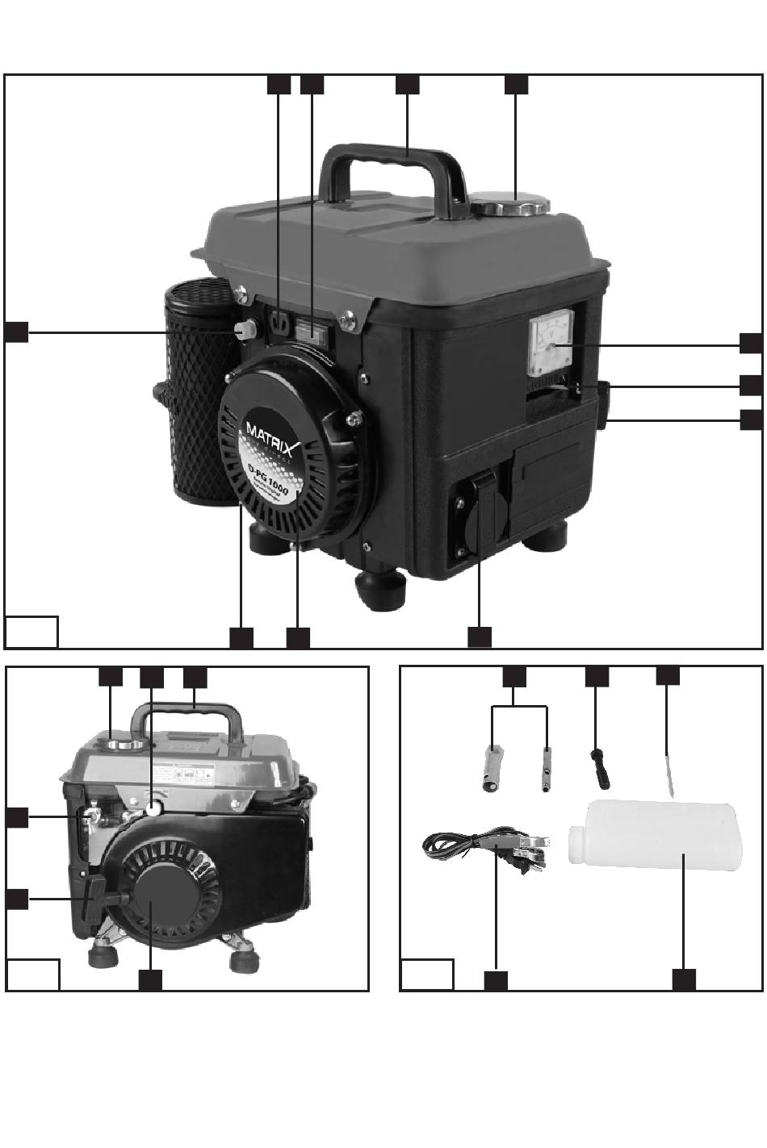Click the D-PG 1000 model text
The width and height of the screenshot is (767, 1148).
pos(266,476)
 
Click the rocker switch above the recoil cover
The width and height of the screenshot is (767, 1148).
pos(310,329)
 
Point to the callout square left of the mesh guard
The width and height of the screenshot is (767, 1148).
pos(16,332)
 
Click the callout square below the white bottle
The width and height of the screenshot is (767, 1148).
pos(684,979)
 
